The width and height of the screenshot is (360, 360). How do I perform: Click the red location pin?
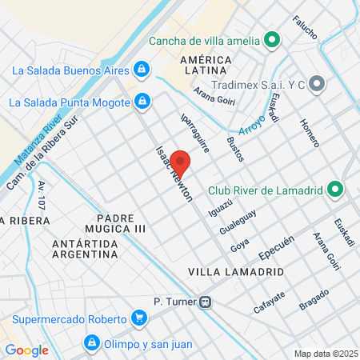(x=180, y=163)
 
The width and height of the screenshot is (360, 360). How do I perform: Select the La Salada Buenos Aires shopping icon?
(x=141, y=70)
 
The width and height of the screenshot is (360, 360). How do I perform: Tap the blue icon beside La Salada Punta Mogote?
(x=142, y=102)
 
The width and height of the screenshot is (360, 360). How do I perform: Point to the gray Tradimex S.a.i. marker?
(x=317, y=82)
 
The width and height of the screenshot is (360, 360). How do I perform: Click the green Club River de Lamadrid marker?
(x=336, y=190)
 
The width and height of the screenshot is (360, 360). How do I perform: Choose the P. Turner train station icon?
(x=206, y=302)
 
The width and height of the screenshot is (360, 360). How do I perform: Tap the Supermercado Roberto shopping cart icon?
(x=140, y=318)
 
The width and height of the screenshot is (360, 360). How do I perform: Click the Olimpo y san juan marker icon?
(x=91, y=345)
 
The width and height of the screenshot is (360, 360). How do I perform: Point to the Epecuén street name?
(x=278, y=246)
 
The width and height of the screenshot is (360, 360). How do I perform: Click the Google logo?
(x=26, y=350)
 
